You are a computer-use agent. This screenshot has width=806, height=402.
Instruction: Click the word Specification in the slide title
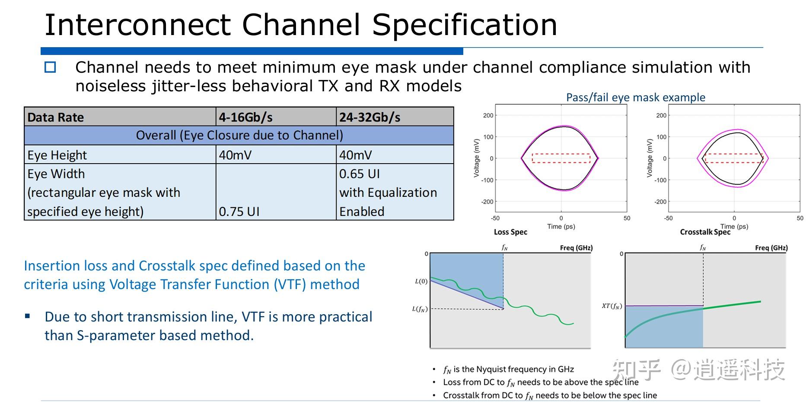465,25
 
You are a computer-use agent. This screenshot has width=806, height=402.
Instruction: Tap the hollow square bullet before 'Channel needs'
51,68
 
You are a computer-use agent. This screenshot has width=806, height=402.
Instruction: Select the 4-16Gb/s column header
245,117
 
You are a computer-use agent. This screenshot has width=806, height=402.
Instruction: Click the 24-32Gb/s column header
370,117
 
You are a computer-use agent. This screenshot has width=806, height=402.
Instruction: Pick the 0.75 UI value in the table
239,212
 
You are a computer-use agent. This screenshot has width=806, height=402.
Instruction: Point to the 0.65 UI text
359,174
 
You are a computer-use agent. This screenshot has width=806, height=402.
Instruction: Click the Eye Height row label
57,155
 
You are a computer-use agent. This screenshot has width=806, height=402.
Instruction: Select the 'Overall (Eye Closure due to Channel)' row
239,135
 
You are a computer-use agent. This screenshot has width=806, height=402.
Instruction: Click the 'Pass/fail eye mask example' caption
635,97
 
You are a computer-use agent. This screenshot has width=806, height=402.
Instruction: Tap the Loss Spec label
510,232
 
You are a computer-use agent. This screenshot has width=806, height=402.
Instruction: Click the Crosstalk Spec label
705,232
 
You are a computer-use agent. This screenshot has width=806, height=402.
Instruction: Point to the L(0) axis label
421,281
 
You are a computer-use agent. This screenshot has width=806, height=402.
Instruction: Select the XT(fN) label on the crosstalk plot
612,306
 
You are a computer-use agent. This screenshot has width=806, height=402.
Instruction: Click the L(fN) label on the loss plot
419,309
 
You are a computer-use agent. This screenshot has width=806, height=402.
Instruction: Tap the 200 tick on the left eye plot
488,116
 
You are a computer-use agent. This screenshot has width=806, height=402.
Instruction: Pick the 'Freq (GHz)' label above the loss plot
576,248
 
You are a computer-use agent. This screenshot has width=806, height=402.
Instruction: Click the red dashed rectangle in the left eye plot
561,154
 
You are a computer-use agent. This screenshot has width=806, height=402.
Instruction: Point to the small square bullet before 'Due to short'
28,316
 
